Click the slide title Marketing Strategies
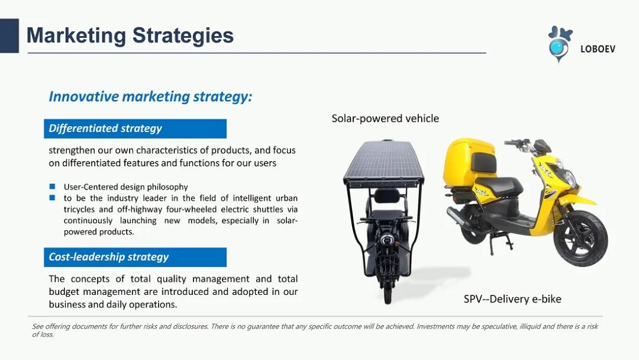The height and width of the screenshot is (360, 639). coord(130,36)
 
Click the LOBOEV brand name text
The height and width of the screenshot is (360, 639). coord(598,49)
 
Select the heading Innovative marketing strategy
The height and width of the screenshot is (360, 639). coord(150,97)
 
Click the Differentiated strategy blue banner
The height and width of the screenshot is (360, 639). coord(135,129)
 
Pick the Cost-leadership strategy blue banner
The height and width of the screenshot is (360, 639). coord(135,257)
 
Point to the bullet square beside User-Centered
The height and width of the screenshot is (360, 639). coord(52,187)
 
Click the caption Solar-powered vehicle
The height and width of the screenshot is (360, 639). coord(385,118)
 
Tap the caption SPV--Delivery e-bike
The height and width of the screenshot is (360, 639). coord(512,299)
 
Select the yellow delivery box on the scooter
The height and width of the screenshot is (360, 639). coord(469,162)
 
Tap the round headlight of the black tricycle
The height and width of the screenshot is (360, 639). coord(386,239)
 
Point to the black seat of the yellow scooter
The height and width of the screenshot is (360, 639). coord(499,185)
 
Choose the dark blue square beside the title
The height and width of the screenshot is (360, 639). coord(9,36)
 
